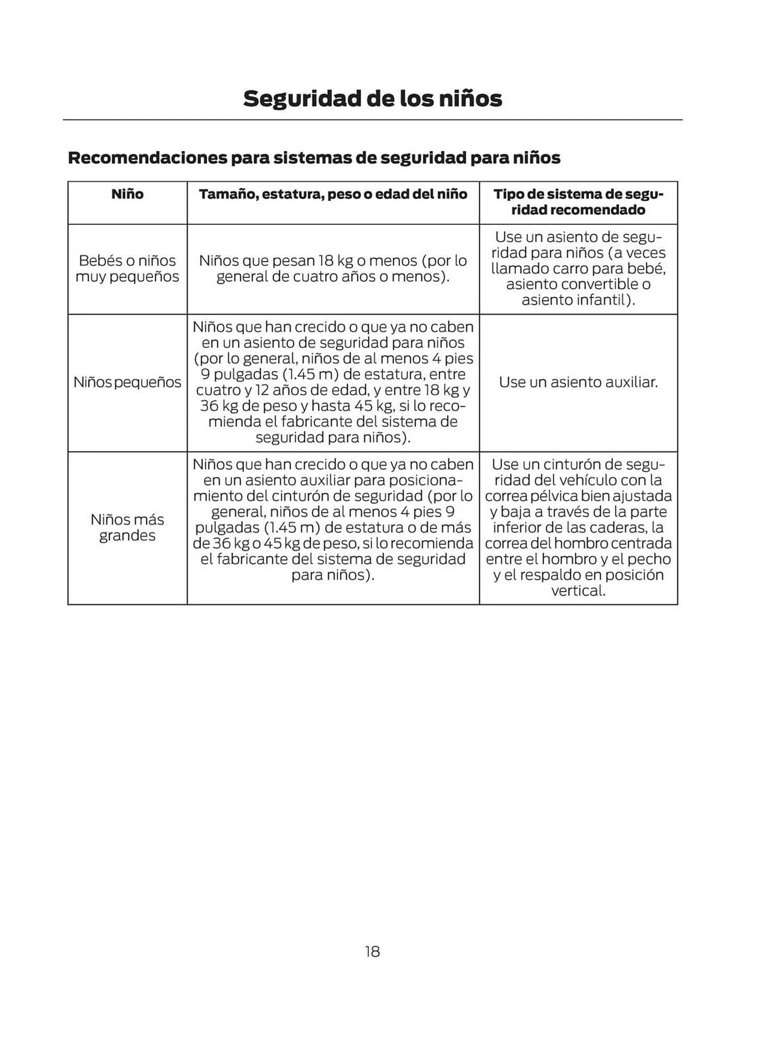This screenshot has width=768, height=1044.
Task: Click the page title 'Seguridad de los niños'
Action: tap(372, 99)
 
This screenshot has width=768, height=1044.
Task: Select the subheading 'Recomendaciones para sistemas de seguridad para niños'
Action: tap(314, 158)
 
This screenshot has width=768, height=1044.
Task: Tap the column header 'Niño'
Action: tap(127, 194)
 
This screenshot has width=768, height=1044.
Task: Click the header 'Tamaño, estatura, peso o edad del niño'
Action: tap(333, 194)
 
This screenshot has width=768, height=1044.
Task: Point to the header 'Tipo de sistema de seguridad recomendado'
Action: tap(578, 202)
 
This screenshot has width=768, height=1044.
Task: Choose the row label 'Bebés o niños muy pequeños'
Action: tap(127, 268)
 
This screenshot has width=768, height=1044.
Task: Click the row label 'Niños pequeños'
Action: tap(127, 382)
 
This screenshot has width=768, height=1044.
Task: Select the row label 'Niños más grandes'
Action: tap(127, 527)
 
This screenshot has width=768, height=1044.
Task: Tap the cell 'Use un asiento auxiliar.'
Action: tap(578, 382)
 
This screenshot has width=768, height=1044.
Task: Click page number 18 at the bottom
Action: tap(372, 952)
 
